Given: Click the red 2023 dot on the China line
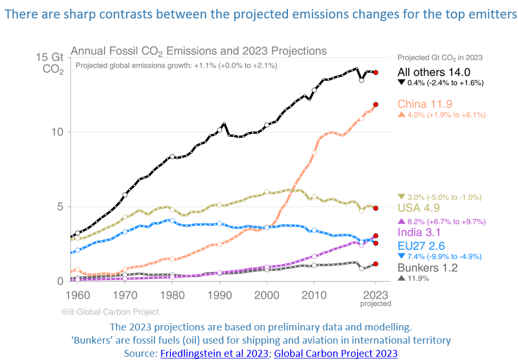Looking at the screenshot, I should pos(376,105).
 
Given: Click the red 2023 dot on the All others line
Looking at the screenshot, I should pos(376,72).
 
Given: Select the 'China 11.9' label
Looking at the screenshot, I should pos(425,103).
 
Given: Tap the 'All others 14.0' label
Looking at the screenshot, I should pos(433,72).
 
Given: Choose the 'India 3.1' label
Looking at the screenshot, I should pos(419,233).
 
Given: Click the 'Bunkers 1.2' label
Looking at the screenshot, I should pos(427,268).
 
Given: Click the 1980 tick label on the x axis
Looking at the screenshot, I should pos(172,295).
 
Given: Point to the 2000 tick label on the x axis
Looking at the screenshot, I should pos(267,295).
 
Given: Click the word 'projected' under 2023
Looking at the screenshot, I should pos(376,304).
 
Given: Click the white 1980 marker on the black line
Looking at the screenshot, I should pos(172,156).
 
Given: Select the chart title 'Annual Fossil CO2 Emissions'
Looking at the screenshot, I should pos(198,51).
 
